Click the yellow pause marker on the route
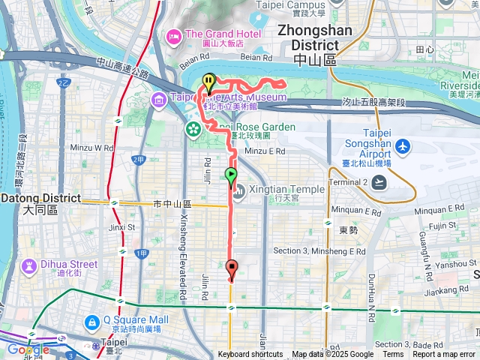(x=208, y=81)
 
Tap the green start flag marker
(x=231, y=175)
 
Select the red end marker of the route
(x=231, y=268)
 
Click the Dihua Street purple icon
(x=29, y=266)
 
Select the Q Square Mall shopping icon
(x=91, y=323)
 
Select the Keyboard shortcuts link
(x=250, y=355)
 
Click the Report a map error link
(x=445, y=355)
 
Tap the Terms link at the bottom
(x=393, y=355)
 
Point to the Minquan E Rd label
(x=440, y=208)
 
